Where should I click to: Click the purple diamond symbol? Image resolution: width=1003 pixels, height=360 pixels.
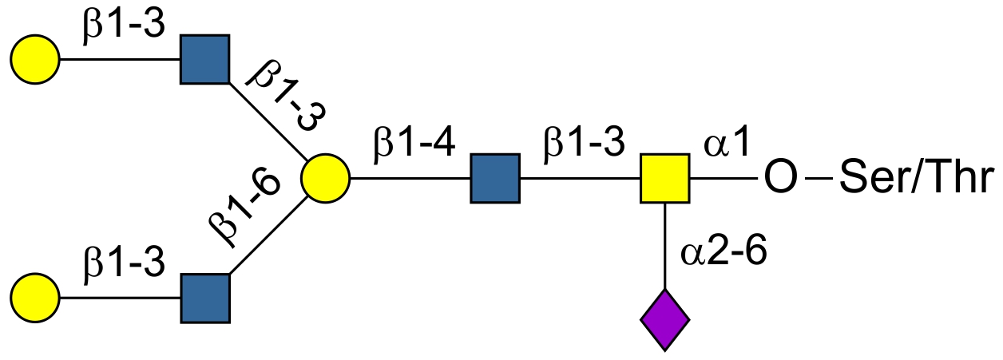[x=664, y=321]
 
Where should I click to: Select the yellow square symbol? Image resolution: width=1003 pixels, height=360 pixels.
[x=664, y=179]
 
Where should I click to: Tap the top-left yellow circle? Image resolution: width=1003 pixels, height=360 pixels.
[x=35, y=60]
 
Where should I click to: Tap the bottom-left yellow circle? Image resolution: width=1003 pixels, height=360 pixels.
[x=35, y=299]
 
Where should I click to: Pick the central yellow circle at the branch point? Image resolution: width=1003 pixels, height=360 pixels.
[x=325, y=179]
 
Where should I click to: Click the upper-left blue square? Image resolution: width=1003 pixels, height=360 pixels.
[x=205, y=60]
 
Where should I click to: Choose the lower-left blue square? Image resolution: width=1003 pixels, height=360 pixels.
[x=205, y=299]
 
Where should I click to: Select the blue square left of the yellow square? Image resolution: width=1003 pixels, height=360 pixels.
[x=495, y=179]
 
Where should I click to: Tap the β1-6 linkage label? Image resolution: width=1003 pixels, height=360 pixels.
[x=244, y=207]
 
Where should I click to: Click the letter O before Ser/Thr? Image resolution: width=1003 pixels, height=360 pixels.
[x=780, y=179]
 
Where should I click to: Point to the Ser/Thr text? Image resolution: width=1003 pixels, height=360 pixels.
[x=918, y=179]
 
